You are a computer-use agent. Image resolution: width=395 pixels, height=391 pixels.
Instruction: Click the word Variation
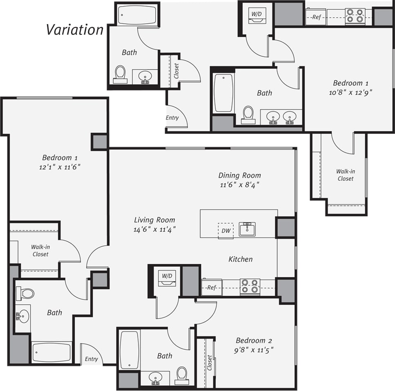coord(75,29)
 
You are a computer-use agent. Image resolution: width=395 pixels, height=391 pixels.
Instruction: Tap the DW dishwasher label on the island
coord(225,231)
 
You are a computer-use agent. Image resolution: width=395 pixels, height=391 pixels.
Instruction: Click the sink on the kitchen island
coord(247,229)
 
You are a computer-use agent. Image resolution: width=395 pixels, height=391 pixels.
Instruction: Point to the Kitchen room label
coord(240,259)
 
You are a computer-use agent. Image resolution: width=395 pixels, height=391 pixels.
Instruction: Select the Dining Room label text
coord(240,175)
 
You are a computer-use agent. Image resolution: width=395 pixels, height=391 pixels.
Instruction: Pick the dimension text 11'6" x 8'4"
coord(240,184)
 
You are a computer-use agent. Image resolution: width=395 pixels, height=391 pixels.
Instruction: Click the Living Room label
coord(154,220)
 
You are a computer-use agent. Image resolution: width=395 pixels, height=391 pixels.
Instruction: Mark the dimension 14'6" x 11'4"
coord(154,229)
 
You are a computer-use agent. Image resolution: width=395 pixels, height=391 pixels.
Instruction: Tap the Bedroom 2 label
coord(254,340)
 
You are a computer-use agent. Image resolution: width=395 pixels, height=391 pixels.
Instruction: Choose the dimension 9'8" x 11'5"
coord(254,350)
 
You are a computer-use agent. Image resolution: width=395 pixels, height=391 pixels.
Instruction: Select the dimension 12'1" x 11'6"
coord(60,167)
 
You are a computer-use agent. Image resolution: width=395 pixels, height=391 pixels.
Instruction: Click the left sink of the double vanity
coord(273,117)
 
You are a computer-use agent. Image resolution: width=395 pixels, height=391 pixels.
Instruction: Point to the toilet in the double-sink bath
coord(248,114)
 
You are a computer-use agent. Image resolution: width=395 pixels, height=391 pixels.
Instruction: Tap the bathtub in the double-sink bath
coord(223,93)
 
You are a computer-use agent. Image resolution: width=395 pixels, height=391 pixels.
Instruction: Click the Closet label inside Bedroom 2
coord(209,362)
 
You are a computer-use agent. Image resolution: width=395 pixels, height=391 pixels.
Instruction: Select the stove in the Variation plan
coord(354,16)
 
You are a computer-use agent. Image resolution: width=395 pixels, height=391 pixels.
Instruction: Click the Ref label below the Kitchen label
coord(211,288)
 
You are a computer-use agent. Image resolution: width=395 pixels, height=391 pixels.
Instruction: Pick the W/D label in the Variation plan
coord(256,14)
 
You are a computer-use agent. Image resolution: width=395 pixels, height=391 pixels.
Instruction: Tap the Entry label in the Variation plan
coord(172,118)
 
